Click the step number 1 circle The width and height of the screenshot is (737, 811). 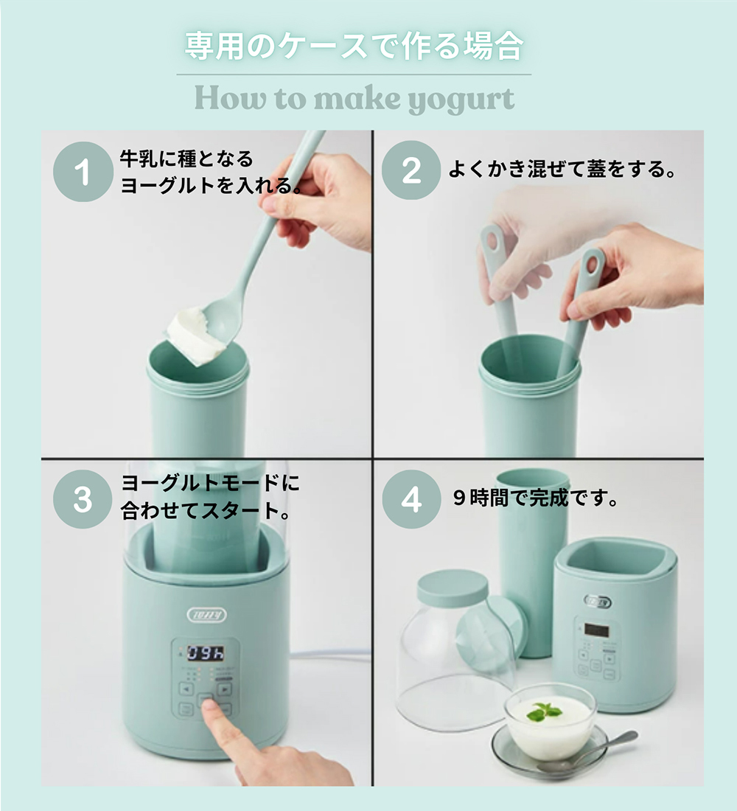pyautogui.click(x=83, y=172)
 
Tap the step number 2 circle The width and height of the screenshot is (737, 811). pyautogui.click(x=411, y=170)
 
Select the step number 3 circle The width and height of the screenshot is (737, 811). pyautogui.click(x=83, y=499)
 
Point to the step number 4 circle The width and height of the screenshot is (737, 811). pyautogui.click(x=412, y=499)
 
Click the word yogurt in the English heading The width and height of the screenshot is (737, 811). pyautogui.click(x=461, y=100)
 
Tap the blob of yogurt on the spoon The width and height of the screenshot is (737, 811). pyautogui.click(x=197, y=336)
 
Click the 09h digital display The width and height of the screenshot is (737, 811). pyautogui.click(x=206, y=653)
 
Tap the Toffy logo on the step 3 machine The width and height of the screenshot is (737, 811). pyautogui.click(x=207, y=614)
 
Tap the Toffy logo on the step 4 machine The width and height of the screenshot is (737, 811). pyautogui.click(x=598, y=601)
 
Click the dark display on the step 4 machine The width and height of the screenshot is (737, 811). pyautogui.click(x=596, y=630)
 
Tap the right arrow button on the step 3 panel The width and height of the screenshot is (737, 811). pyautogui.click(x=225, y=689)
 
